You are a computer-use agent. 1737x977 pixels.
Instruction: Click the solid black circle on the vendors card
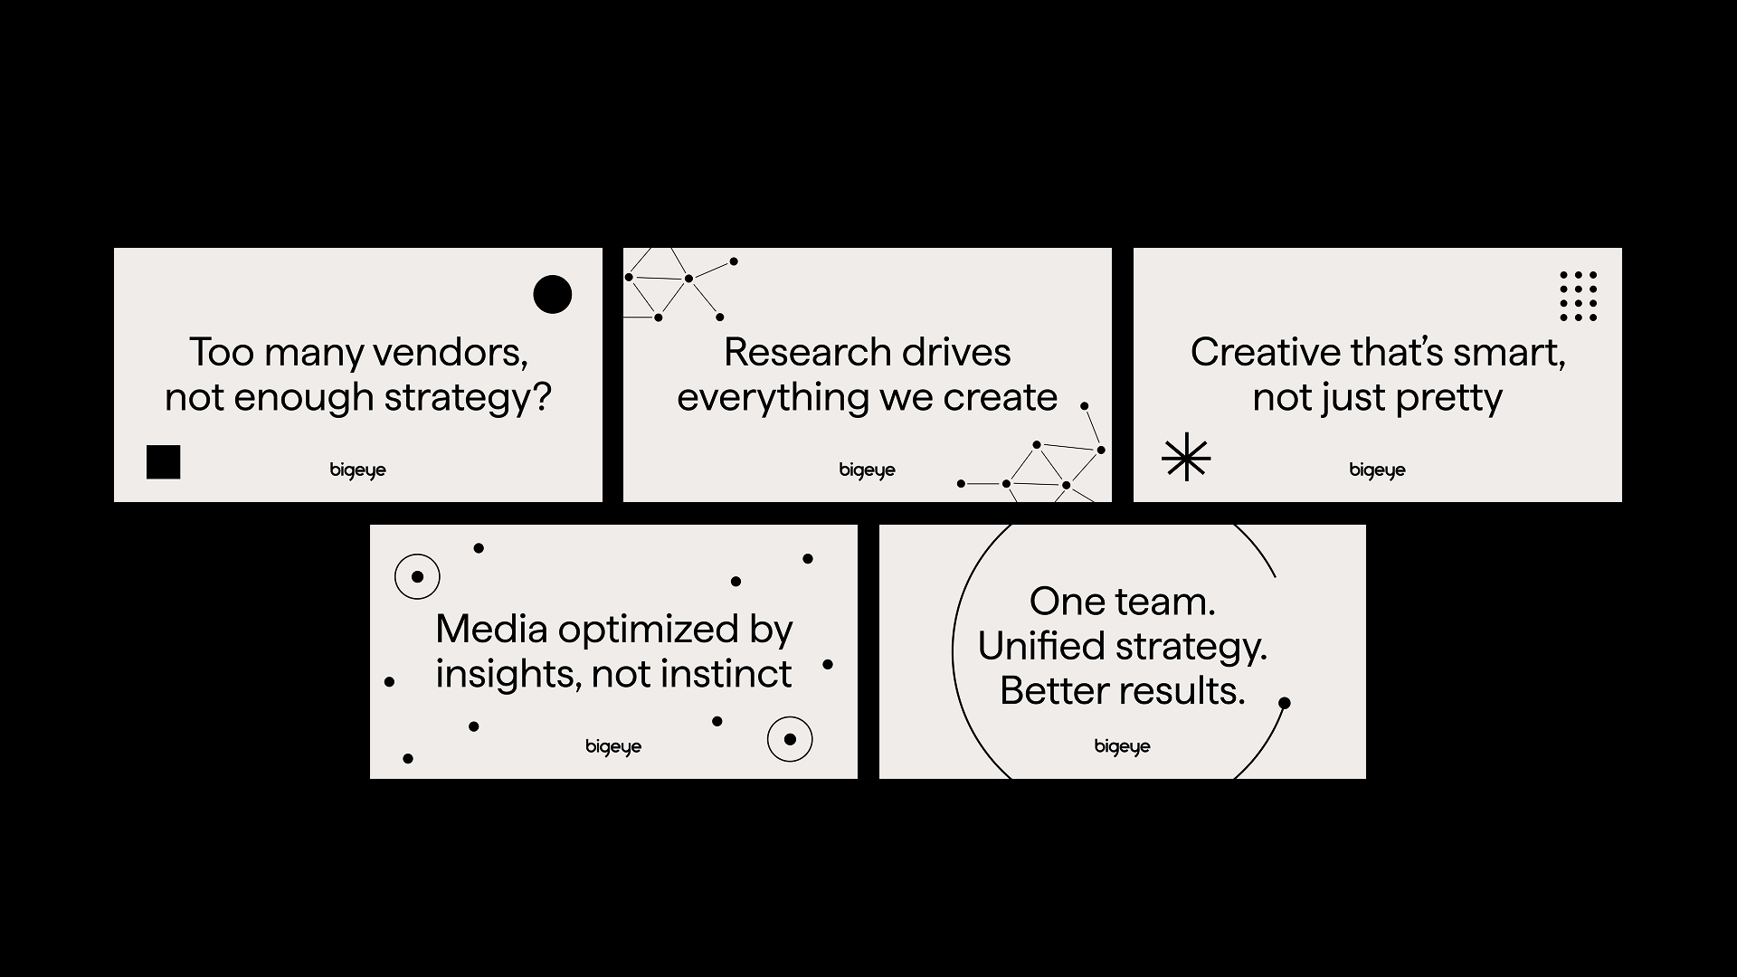(553, 294)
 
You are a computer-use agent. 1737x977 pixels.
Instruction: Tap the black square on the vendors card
(164, 461)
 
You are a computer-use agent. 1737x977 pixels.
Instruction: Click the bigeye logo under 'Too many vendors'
(358, 470)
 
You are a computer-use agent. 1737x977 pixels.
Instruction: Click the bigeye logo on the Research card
(868, 470)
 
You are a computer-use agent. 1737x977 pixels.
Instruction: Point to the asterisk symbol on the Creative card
(1186, 457)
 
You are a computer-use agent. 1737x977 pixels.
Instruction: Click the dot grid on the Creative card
(1579, 296)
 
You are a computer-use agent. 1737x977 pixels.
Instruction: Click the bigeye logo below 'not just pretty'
(1378, 470)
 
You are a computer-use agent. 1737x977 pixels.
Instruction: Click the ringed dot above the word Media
(417, 576)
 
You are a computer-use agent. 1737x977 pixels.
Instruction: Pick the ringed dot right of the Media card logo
(790, 739)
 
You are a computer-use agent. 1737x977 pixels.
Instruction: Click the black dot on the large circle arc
(1284, 703)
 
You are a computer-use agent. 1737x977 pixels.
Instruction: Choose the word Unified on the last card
(1041, 647)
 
